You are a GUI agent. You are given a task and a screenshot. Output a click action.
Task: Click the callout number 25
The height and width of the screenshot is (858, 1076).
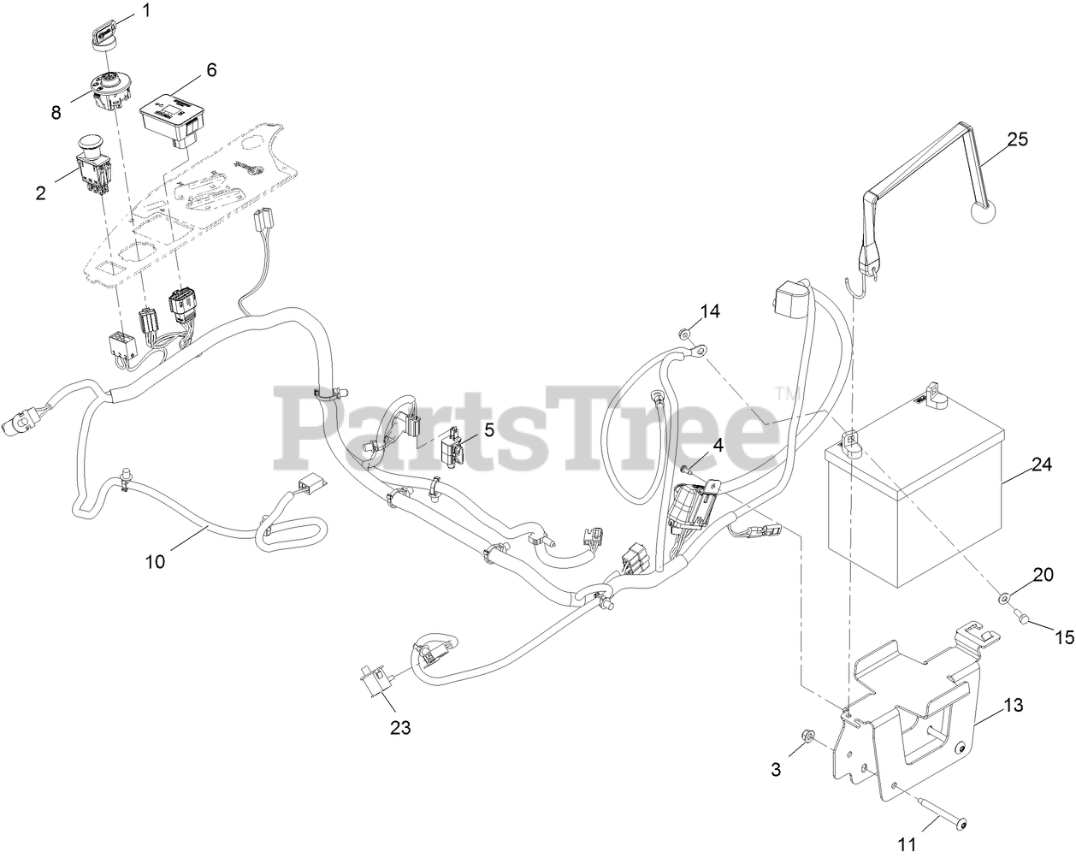[x=1018, y=139]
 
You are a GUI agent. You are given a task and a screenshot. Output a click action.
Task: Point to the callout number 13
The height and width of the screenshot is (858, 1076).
[x=1013, y=706]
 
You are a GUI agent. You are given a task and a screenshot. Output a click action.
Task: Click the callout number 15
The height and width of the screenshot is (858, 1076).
[x=1063, y=637]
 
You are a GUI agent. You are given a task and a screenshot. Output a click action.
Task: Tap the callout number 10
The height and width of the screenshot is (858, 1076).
[x=155, y=561]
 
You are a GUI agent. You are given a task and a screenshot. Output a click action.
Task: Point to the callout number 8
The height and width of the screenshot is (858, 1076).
[x=56, y=112]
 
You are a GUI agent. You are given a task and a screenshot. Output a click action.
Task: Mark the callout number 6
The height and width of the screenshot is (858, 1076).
[x=211, y=69]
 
